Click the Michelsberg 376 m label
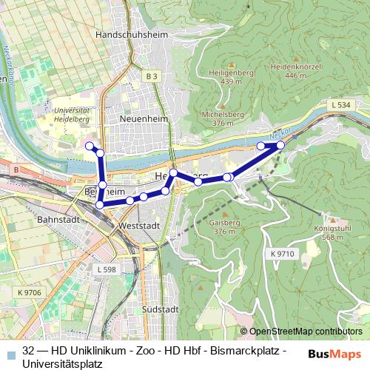223,118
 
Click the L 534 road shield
341,106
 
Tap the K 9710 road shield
282,254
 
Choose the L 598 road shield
107,270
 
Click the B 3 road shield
152,76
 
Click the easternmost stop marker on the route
280,145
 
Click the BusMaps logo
334,354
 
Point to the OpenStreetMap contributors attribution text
306,332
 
